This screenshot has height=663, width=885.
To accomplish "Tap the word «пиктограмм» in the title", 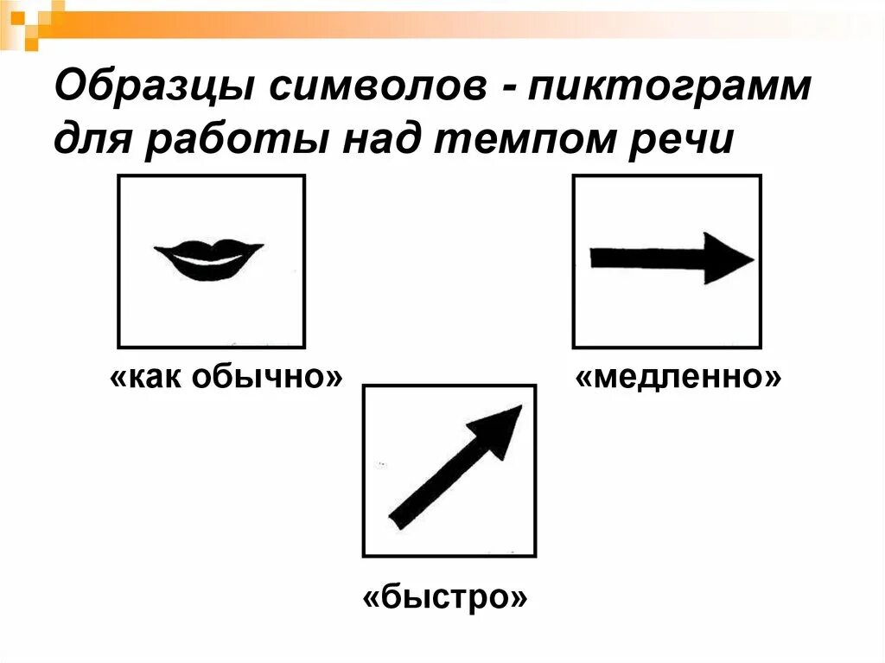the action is tap(672, 89).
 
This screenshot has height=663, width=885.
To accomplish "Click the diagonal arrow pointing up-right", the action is tap(455, 467).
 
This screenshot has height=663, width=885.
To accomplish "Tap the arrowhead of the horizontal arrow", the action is tap(727, 258).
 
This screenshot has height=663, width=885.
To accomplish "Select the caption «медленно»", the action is tap(679, 377).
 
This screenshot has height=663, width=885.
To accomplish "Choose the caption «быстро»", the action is tap(445, 596).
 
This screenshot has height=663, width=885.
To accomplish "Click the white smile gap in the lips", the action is tap(208, 258).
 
